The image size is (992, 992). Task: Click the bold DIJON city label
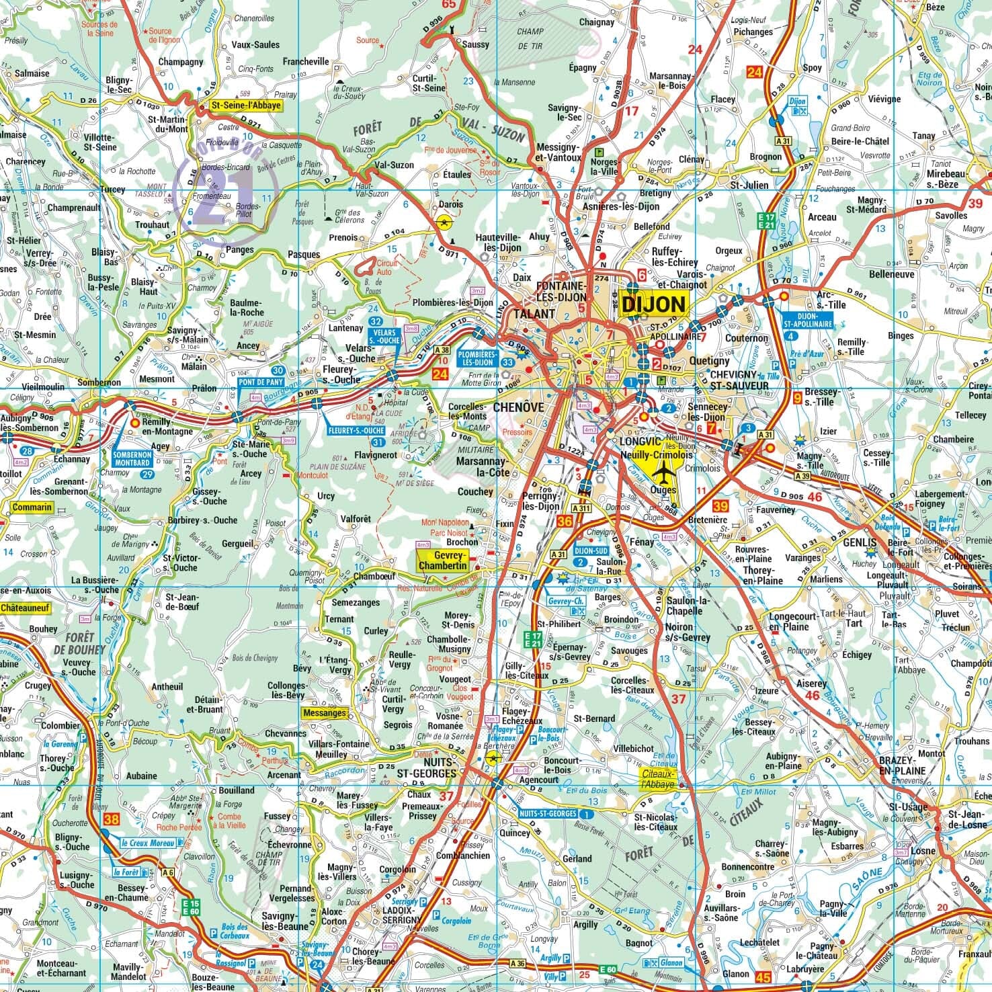pos(653,304)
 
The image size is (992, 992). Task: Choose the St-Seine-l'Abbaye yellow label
pos(245,106)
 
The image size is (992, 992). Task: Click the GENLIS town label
pos(863,542)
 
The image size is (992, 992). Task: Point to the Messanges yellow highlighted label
pos(325,713)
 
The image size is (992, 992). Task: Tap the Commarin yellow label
pos(32,507)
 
